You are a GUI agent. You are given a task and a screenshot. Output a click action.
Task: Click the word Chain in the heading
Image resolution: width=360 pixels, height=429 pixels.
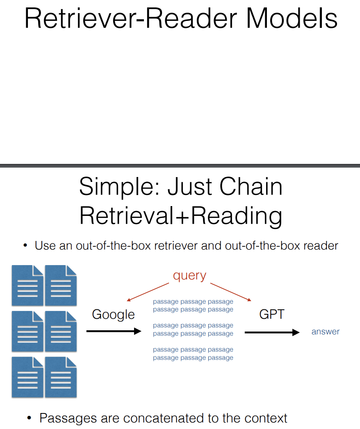click(x=251, y=186)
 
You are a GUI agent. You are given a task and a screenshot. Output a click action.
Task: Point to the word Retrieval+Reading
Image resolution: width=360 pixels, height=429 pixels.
click(x=180, y=216)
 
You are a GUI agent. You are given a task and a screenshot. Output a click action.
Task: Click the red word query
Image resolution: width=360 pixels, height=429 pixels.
click(x=189, y=275)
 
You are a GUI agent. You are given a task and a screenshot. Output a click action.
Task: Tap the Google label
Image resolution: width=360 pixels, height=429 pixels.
click(x=113, y=314)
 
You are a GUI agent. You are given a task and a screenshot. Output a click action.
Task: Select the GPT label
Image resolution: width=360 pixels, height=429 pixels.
click(x=272, y=314)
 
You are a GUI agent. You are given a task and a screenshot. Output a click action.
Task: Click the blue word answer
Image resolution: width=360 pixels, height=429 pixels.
click(x=326, y=332)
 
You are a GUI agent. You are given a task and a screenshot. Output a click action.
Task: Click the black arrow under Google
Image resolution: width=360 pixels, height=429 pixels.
click(x=114, y=331)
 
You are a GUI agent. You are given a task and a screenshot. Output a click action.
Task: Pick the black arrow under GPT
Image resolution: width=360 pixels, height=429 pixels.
click(x=272, y=332)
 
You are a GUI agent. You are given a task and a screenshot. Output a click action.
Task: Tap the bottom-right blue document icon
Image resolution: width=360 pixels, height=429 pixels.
click(x=61, y=377)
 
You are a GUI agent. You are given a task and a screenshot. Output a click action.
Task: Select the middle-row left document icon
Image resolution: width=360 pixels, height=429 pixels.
click(x=27, y=331)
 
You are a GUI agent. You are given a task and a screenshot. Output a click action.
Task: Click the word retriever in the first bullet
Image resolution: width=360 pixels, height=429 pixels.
click(x=191, y=246)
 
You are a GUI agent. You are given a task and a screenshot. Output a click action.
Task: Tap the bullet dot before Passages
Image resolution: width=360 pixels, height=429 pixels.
click(x=29, y=418)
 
